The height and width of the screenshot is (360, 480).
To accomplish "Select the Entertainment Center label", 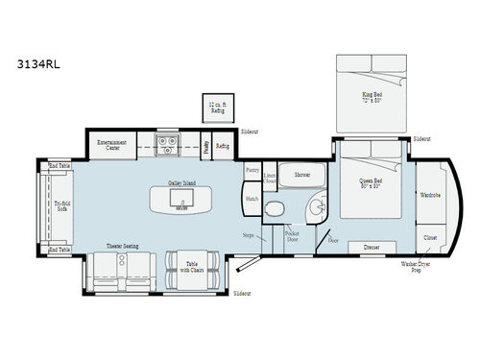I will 111,146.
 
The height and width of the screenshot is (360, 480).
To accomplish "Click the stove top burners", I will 168,146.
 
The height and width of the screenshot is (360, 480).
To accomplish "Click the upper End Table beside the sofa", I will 58,165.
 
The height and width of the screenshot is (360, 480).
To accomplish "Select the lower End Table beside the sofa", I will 58,250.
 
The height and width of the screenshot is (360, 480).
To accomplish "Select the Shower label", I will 302,176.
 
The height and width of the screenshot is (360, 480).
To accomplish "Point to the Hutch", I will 252,199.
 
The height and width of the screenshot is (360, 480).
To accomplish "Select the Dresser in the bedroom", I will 372,247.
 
